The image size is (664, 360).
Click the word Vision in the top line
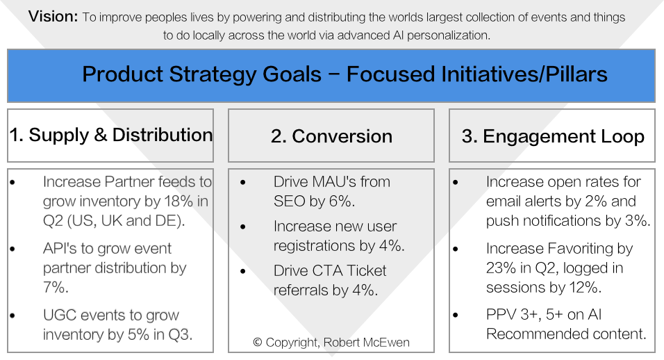click(53, 17)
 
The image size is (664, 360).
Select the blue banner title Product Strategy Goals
click(201, 74)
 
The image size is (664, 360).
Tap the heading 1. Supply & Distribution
click(111, 135)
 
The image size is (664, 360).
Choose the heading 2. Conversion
click(331, 136)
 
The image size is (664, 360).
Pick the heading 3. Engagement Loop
click(553, 136)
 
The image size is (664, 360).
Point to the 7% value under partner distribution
click(55, 287)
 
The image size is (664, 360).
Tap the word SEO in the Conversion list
click(289, 201)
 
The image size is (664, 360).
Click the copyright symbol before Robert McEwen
click(258, 342)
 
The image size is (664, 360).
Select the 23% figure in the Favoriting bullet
click(501, 268)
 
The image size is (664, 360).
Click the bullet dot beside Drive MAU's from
click(242, 183)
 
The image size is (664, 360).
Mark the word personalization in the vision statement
click(449, 35)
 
